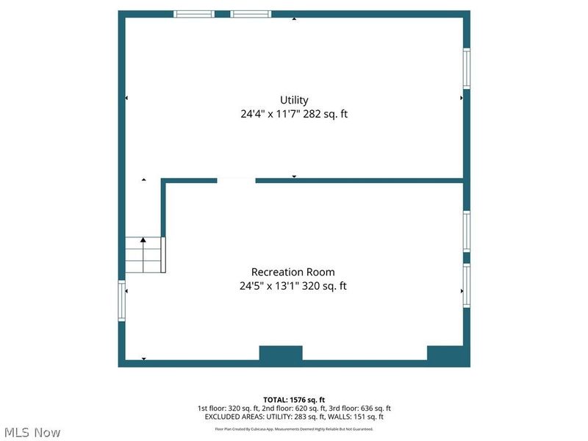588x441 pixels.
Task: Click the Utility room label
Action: click(294, 100)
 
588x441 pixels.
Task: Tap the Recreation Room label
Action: click(293, 272)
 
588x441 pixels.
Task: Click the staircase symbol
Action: click(143, 254)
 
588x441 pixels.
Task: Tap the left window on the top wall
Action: click(194, 14)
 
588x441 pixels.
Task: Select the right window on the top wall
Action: click(251, 14)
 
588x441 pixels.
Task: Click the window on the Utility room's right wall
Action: click(466, 68)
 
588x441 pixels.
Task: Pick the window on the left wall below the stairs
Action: click(122, 301)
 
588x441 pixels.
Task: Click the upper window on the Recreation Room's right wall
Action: click(466, 232)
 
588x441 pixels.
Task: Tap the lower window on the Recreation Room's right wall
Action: click(466, 285)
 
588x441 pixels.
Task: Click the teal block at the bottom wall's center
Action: click(281, 354)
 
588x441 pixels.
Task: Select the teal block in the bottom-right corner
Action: click(448, 355)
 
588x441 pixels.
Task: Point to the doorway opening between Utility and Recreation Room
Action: click(236, 180)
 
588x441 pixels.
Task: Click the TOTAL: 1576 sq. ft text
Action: click(294, 400)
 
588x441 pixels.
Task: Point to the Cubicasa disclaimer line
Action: click(294, 429)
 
